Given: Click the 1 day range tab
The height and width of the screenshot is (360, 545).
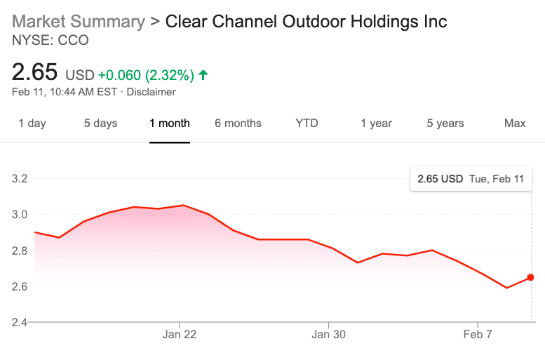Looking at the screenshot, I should pos(32,124).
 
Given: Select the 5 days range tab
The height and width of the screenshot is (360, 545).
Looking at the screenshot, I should pos(100,124).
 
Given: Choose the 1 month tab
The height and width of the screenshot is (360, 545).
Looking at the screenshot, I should pos(169,124).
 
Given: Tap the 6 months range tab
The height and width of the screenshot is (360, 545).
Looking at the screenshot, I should pos(238,124).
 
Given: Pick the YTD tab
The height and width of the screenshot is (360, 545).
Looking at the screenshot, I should pos(307,124).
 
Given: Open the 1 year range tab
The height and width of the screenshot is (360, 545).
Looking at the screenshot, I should pos(376,124).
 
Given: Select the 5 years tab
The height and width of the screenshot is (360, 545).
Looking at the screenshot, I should pos(445,124).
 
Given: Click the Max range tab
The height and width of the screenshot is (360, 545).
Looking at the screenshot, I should pos(515,124).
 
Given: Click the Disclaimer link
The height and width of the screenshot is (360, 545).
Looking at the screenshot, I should pos(151,92).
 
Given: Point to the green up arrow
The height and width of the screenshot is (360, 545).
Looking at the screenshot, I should pos(203,74).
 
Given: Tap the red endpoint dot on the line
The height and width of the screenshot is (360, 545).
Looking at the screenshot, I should pos(530,277).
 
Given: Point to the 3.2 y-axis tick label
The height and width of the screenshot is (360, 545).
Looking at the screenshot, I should pos(20,178).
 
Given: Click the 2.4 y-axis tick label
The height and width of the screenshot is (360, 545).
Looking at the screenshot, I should pos(20,323).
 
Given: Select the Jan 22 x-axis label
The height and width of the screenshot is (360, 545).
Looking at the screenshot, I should pos(180,334).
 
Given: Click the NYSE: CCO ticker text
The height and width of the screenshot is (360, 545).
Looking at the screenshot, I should pos(51,41).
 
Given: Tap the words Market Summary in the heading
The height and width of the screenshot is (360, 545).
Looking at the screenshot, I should pos(78,21).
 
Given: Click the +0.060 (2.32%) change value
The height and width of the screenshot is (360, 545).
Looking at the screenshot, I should pos(146,74).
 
